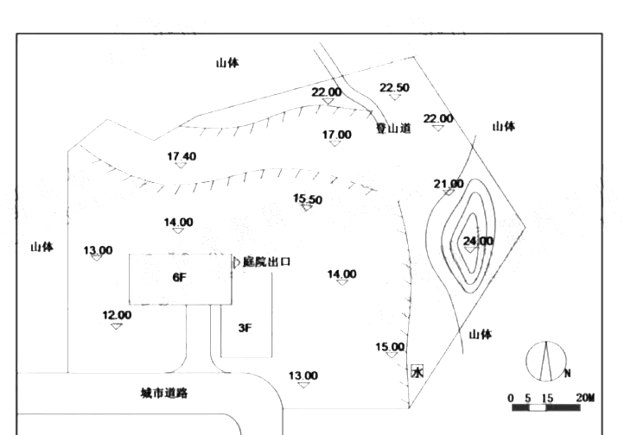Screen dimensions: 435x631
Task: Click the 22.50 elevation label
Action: pyautogui.click(x=394, y=87)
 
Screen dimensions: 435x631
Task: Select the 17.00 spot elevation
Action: pyautogui.click(x=337, y=135)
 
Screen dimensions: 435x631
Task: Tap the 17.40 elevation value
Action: pyautogui.click(x=182, y=156)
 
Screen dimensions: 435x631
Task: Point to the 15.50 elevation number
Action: pyautogui.click(x=308, y=199)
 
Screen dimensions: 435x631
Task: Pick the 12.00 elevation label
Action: pyautogui.click(x=117, y=315)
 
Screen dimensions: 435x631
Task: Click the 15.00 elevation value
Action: pyautogui.click(x=390, y=347)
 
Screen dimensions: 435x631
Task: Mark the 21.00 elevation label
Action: pyautogui.click(x=449, y=184)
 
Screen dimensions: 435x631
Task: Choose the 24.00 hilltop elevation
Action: pyautogui.click(x=477, y=241)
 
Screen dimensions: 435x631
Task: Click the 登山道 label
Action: pyautogui.click(x=392, y=128)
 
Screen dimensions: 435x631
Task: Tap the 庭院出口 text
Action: pyautogui.click(x=266, y=261)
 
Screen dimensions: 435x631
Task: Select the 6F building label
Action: pyautogui.click(x=180, y=278)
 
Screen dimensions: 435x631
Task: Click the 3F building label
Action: pyautogui.click(x=245, y=328)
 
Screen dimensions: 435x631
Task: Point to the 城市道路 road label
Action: pyautogui.click(x=164, y=393)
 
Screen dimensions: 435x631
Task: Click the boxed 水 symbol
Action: pyautogui.click(x=417, y=372)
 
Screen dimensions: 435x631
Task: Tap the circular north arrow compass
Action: pyautogui.click(x=546, y=360)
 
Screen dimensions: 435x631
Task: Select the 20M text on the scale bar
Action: pyautogui.click(x=584, y=397)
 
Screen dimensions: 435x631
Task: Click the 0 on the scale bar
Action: pyautogui.click(x=511, y=397)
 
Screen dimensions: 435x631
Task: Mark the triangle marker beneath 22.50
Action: pyautogui.click(x=395, y=98)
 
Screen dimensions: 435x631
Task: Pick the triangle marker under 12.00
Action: pyautogui.click(x=117, y=325)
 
